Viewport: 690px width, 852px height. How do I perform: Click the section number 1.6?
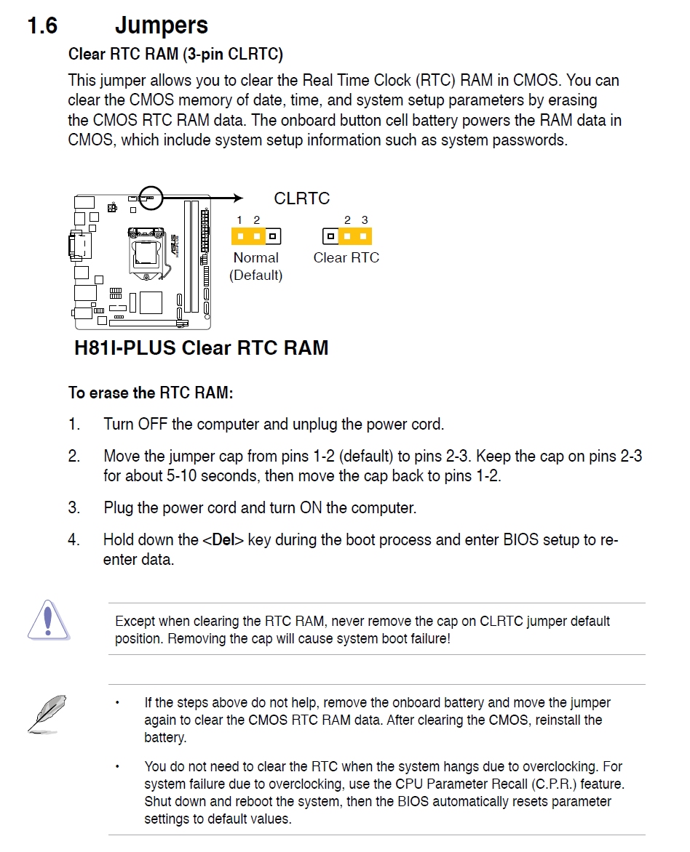[42, 25]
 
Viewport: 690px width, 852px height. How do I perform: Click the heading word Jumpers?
[161, 25]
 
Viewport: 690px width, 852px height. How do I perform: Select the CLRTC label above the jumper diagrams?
[301, 198]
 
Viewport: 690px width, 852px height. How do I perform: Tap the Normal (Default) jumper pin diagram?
[256, 236]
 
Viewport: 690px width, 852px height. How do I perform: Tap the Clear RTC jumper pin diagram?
[346, 236]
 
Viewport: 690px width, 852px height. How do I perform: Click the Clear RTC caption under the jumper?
[346, 257]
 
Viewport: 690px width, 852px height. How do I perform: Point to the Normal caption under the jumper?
[255, 257]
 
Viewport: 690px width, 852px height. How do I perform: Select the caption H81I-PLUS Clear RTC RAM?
[201, 347]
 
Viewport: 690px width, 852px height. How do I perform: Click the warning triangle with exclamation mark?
[48, 620]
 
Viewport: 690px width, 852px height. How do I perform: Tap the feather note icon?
[47, 713]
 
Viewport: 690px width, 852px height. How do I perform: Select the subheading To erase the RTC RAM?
[151, 393]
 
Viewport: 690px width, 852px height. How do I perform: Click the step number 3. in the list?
[74, 507]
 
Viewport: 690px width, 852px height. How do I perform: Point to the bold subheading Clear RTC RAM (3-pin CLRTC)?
[175, 55]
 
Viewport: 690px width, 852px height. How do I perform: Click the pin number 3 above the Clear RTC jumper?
[365, 220]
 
